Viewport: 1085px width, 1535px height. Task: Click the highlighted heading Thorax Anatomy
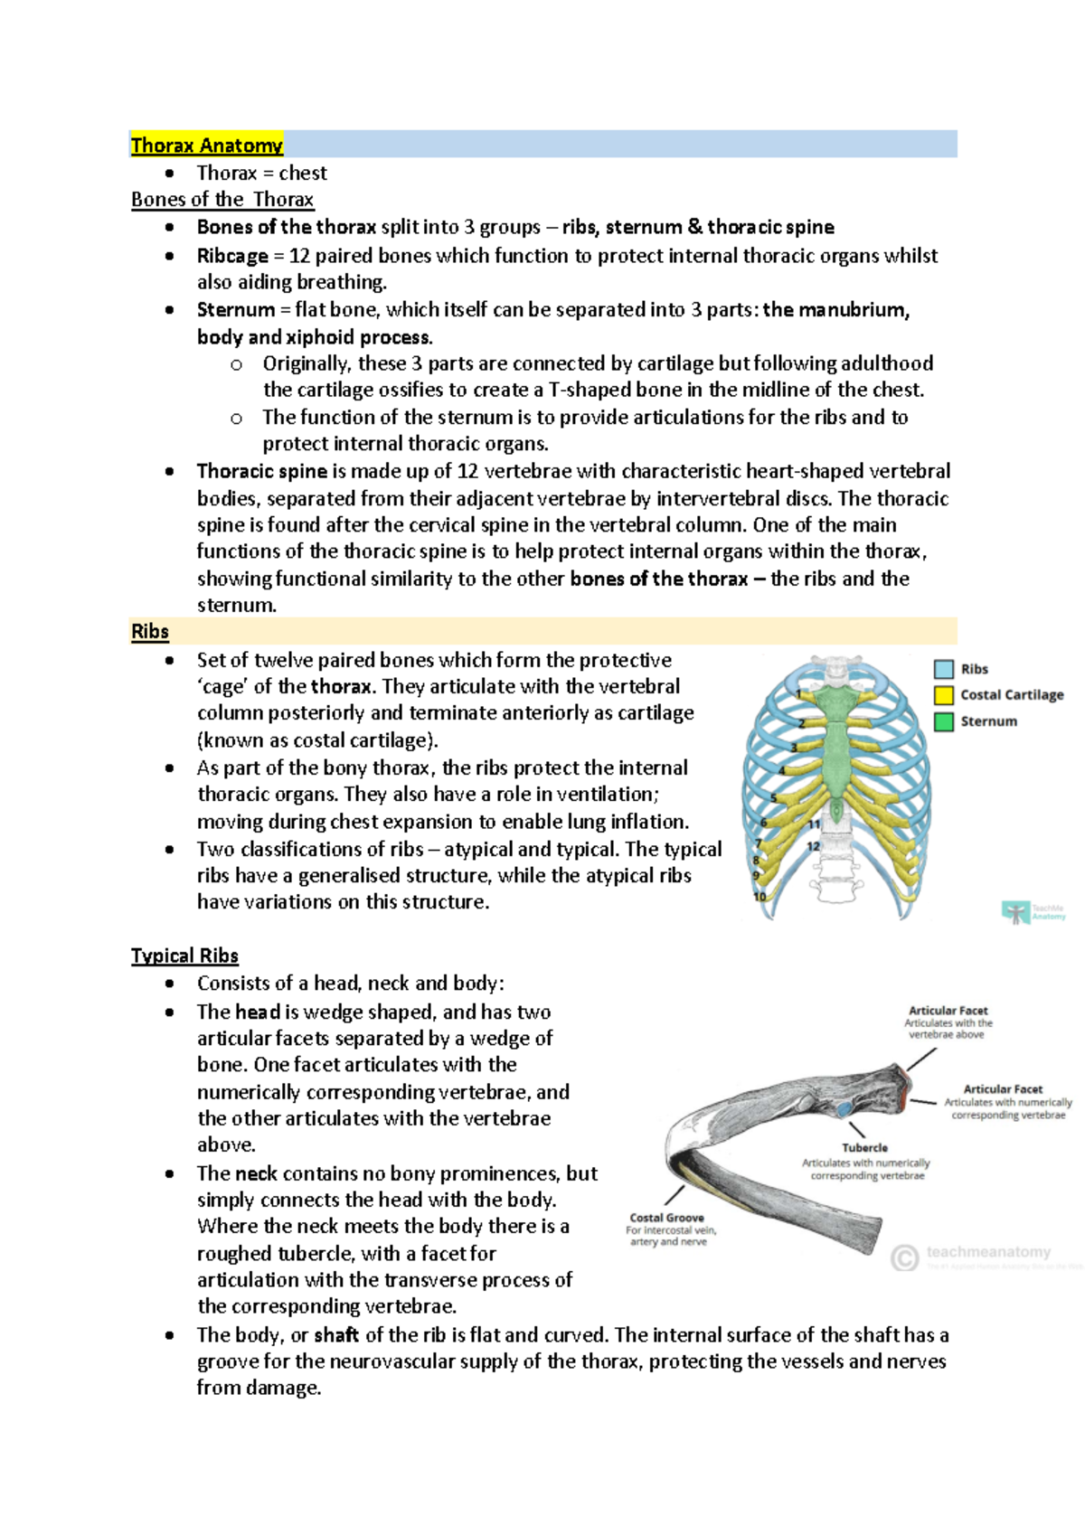(206, 145)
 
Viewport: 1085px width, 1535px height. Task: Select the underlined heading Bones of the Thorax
(222, 200)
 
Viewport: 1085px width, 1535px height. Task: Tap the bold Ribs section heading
(149, 631)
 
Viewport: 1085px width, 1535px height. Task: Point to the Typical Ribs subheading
(184, 956)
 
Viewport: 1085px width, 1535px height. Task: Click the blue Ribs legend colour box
(944, 669)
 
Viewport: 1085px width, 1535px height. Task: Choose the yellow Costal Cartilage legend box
(944, 695)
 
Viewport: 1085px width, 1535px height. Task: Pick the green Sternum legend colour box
(944, 721)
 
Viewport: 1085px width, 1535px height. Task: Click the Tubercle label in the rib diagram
(864, 1147)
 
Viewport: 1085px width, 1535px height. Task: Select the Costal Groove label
(666, 1218)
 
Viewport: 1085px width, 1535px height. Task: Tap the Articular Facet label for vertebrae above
(948, 1011)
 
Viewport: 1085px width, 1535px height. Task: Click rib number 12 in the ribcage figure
(813, 846)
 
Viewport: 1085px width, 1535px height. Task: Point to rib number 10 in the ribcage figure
(759, 896)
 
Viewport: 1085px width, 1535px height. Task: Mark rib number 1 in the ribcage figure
(798, 694)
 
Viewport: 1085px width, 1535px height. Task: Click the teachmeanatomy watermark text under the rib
(987, 1252)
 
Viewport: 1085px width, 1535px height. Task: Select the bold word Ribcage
(232, 256)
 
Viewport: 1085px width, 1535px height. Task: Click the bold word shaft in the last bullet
(336, 1335)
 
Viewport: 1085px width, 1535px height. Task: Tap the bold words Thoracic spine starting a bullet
(261, 471)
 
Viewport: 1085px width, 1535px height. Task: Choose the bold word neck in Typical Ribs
(256, 1173)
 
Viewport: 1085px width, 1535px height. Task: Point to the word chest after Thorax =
(303, 173)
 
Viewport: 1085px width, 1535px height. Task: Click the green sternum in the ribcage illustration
(837, 741)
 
